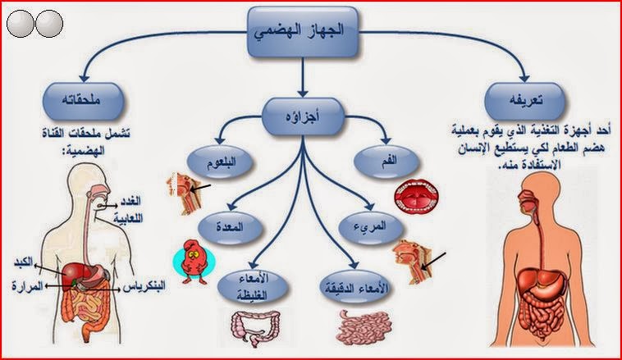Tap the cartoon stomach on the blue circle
click(x=194, y=259)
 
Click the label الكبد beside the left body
click(x=24, y=262)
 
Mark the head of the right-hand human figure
click(x=536, y=191)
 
